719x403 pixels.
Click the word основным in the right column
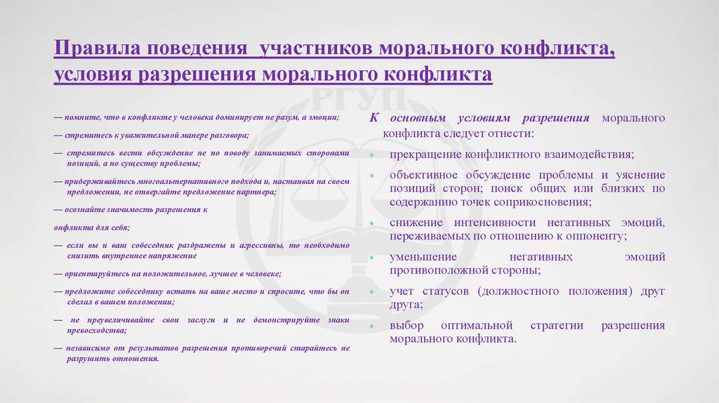click(x=415, y=118)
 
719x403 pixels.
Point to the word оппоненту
click(x=597, y=236)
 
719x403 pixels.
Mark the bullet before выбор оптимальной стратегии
click(x=370, y=326)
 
